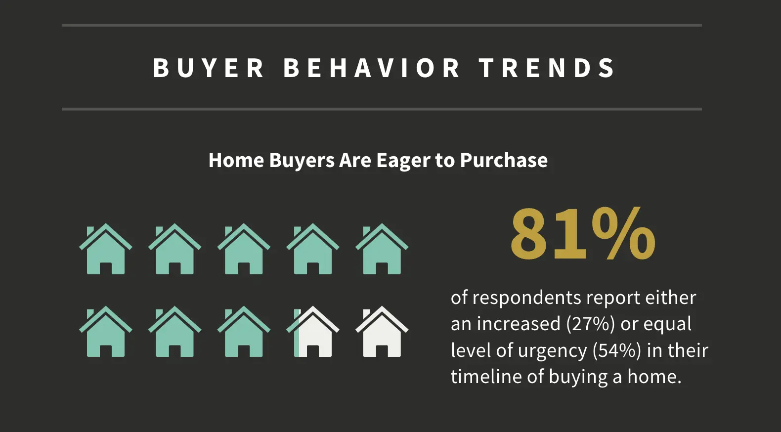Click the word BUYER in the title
(209, 68)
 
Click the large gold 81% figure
(583, 234)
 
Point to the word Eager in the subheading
(403, 160)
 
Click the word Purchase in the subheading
(504, 160)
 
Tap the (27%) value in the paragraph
(590, 324)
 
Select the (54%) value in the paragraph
(617, 350)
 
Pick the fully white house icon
(382, 332)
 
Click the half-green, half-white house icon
(313, 332)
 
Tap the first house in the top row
(106, 249)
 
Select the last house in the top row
(382, 249)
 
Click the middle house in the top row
(244, 249)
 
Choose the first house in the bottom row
(106, 332)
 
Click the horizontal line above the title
(382, 25)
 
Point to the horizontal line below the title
(382, 109)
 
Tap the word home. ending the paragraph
(654, 377)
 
